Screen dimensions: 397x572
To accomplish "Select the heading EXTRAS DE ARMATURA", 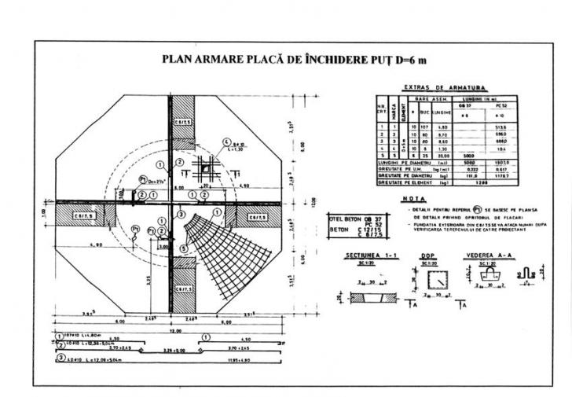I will pos(445,87).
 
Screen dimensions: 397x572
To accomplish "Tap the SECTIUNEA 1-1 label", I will pos(369,257).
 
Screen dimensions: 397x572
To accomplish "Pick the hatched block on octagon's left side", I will pos(84,213).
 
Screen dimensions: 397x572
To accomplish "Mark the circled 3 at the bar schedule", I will pos(60,359).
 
